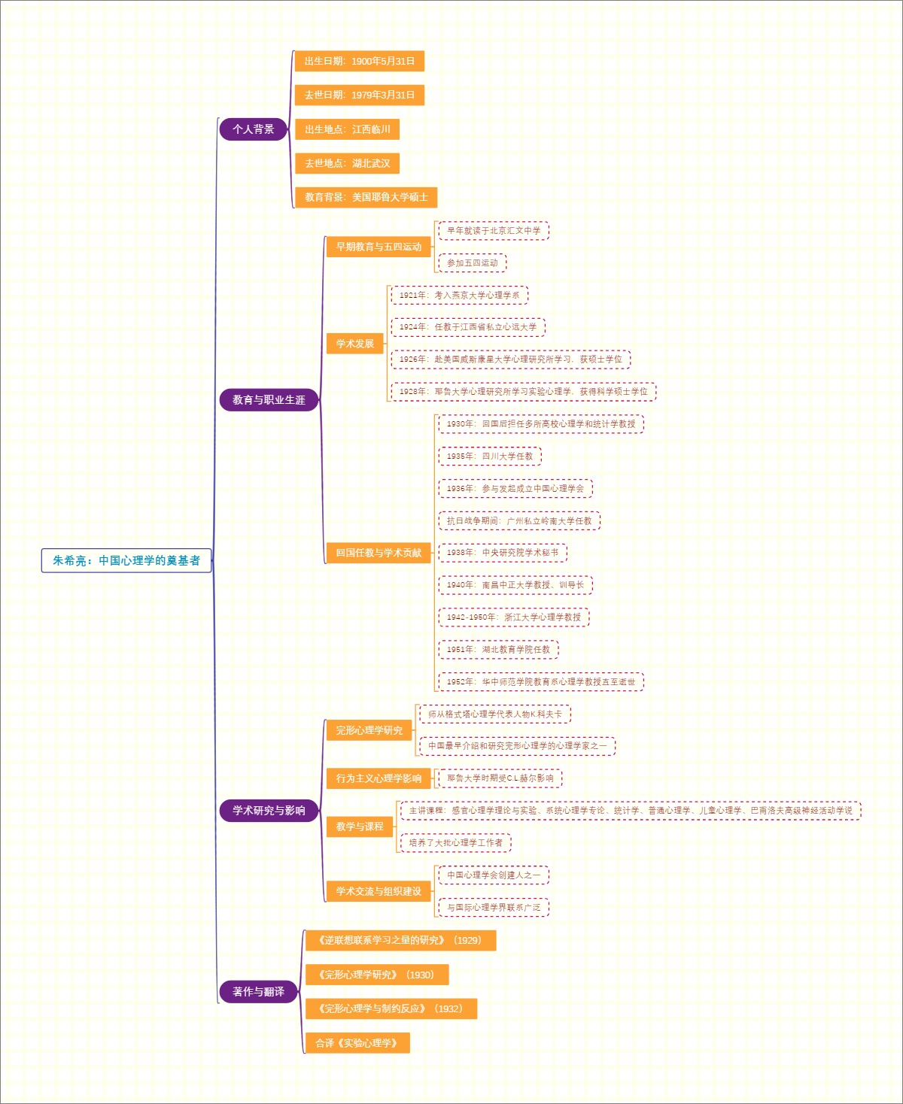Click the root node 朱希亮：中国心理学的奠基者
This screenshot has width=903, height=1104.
126,560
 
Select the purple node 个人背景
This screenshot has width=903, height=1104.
254,129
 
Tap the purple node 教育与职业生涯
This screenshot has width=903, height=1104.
269,400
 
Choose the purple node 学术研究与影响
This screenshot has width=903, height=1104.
269,811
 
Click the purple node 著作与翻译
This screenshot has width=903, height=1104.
258,992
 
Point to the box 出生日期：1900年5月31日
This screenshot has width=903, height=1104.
360,61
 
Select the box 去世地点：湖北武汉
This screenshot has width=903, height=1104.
347,163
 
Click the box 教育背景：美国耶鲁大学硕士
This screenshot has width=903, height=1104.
366,197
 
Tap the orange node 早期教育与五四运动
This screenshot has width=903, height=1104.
379,247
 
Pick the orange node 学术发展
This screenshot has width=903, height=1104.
355,344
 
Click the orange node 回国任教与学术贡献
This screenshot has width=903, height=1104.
379,553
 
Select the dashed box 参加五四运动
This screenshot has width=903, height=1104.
473,263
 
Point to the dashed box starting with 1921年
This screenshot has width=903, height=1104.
459,296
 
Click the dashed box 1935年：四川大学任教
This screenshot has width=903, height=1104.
490,456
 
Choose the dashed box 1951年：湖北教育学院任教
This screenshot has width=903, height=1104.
498,650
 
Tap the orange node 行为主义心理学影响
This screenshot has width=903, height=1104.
379,778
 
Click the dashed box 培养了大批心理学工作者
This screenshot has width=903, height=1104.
456,843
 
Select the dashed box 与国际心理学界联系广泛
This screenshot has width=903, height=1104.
494,908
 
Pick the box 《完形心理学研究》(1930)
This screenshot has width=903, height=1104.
377,975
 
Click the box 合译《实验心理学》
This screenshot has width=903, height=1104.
357,1043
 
